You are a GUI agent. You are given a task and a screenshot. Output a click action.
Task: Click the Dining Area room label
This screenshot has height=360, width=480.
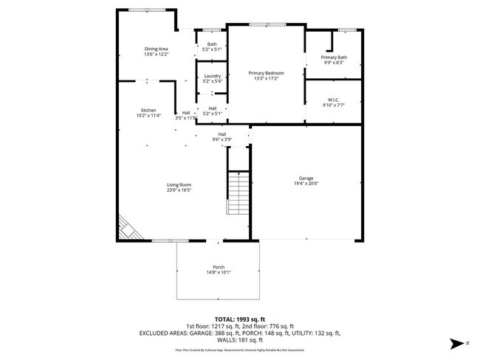[x=156, y=49]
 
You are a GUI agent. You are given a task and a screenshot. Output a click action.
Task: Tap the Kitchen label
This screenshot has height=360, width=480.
[x=148, y=110]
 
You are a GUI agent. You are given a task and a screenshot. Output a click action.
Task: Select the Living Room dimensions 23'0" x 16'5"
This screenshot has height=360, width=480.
[x=179, y=190]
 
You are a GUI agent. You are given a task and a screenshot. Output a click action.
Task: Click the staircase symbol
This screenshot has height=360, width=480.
[x=237, y=193]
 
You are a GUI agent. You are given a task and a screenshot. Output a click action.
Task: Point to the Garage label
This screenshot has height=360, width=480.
[x=306, y=178]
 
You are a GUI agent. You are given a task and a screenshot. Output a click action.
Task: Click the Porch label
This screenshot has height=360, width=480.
[x=219, y=266]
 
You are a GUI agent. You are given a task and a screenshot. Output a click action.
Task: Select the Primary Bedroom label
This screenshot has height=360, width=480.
[x=266, y=72]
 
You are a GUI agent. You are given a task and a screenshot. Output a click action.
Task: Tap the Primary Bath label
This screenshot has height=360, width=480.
[x=334, y=57]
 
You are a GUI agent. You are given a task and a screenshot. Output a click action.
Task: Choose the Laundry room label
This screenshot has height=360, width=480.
[x=213, y=75]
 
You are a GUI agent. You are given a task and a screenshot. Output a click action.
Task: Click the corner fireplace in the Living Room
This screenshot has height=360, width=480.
[x=128, y=228]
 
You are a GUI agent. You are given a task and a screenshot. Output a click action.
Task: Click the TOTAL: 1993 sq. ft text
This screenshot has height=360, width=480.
[x=239, y=319]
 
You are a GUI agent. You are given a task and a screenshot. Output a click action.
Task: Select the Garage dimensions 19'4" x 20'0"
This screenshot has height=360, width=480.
[x=306, y=184]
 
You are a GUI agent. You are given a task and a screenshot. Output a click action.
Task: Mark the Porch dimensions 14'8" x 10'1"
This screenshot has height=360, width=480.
[x=219, y=272]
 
